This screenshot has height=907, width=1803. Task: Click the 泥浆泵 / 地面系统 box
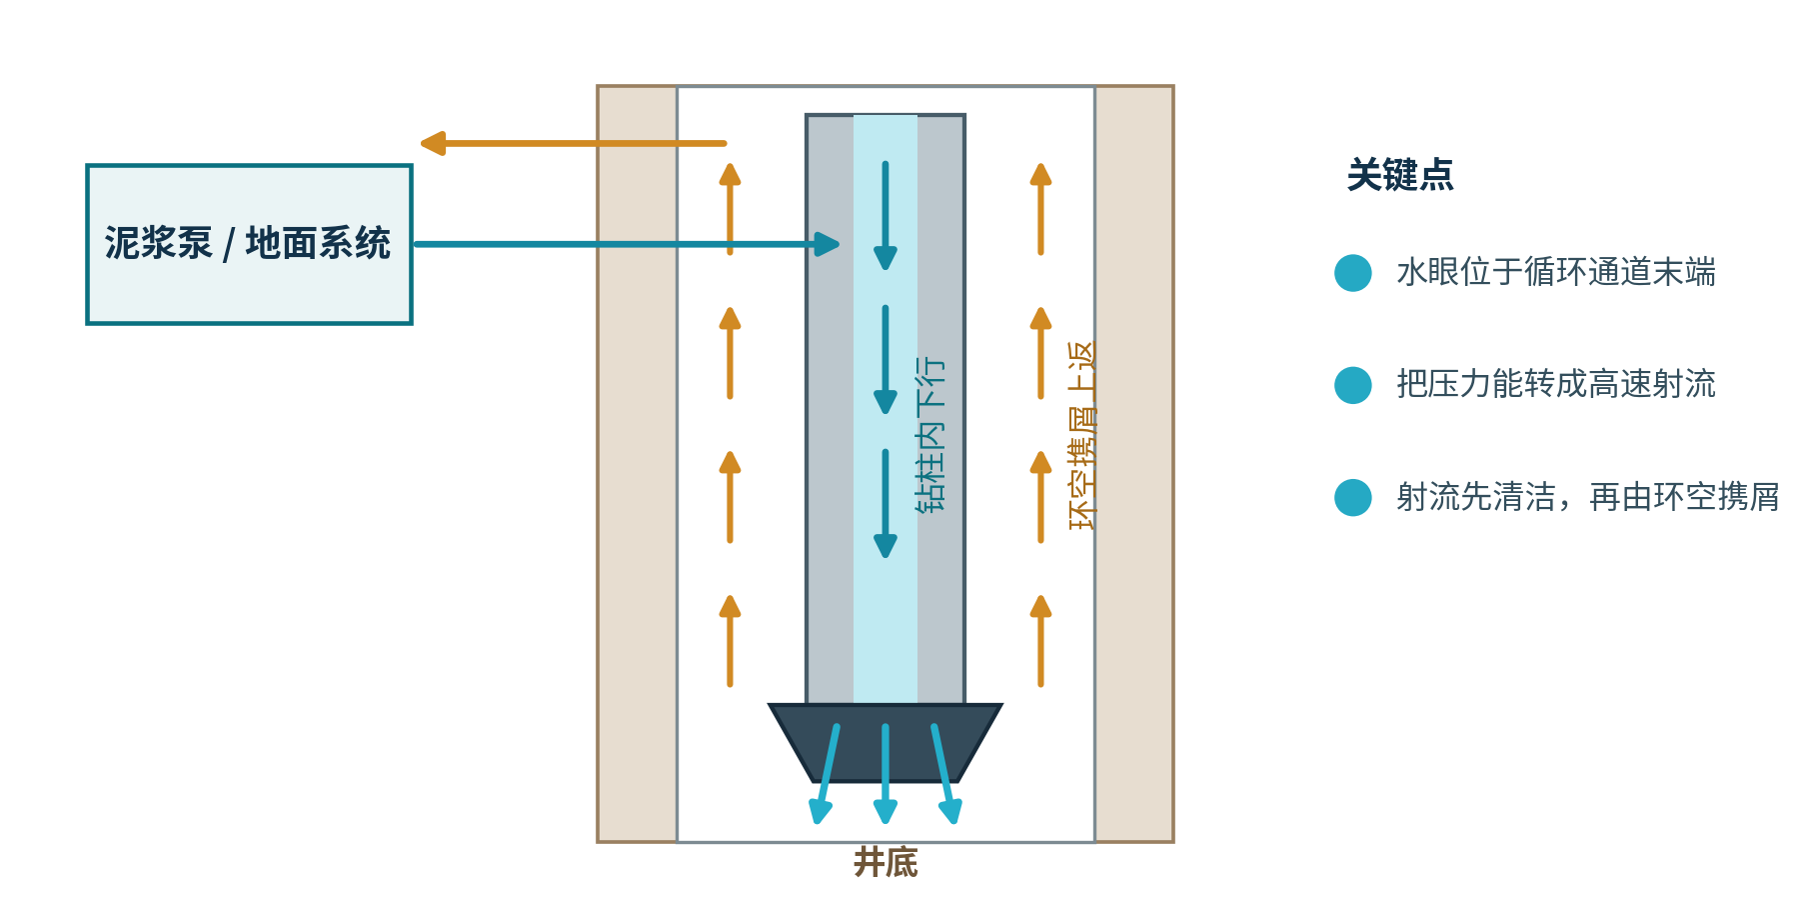point(249,244)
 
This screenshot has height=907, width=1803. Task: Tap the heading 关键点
point(1400,175)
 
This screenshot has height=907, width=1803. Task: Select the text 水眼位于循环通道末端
point(1556,272)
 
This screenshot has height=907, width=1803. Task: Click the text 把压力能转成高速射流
point(1556,384)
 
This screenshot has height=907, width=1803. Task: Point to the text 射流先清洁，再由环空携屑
point(1588,497)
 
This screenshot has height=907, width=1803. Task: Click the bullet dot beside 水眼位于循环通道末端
point(1353,273)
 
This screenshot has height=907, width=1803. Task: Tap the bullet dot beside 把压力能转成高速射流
point(1353,385)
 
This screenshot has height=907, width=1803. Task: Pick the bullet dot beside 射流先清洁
point(1353,497)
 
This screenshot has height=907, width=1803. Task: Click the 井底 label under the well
point(886,862)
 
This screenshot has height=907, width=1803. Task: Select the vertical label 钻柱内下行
point(930,435)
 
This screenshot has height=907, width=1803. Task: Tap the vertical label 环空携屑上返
point(1082,435)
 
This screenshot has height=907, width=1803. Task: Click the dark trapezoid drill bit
point(886,743)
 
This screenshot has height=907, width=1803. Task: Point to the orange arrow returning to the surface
point(574,144)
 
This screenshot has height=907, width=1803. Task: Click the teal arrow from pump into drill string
point(627,244)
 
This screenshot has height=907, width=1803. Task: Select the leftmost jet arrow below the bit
point(826,774)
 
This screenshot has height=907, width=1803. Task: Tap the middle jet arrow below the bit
point(886,774)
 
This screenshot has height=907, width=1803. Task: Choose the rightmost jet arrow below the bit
point(945,774)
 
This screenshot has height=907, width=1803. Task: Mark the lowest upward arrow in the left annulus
point(731,641)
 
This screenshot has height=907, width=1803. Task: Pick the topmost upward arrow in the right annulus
point(1041,209)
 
